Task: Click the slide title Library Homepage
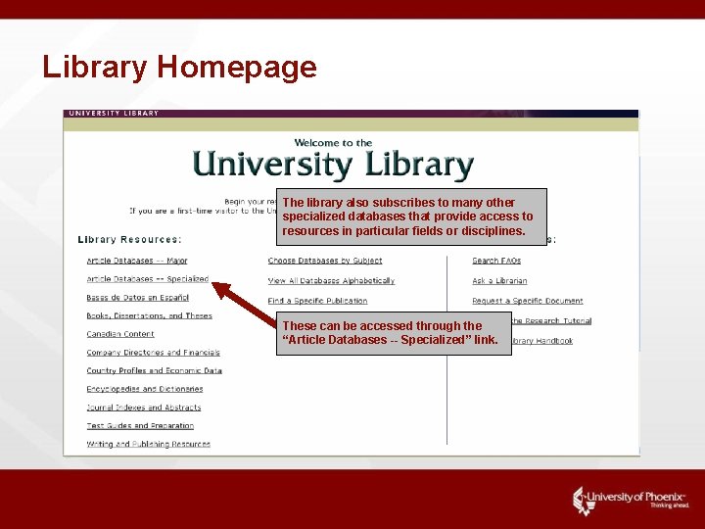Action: tap(179, 68)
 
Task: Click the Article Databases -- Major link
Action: tap(137, 261)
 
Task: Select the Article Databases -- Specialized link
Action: tap(148, 279)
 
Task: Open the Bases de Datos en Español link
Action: tap(137, 297)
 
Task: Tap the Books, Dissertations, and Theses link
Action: tap(149, 315)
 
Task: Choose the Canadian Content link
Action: tap(120, 334)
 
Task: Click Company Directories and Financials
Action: tap(153, 353)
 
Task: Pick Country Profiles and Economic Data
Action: tap(154, 371)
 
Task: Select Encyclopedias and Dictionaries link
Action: tap(145, 389)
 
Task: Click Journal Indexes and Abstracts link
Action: tap(143, 408)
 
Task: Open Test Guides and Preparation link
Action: tap(140, 426)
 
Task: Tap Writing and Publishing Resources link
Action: tap(148, 444)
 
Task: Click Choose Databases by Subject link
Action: tap(325, 261)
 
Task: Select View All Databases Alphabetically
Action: tap(331, 281)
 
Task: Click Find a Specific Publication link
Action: tap(317, 301)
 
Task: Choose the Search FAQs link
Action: tap(496, 261)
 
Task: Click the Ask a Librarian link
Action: tap(499, 281)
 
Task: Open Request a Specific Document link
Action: tap(527, 301)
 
